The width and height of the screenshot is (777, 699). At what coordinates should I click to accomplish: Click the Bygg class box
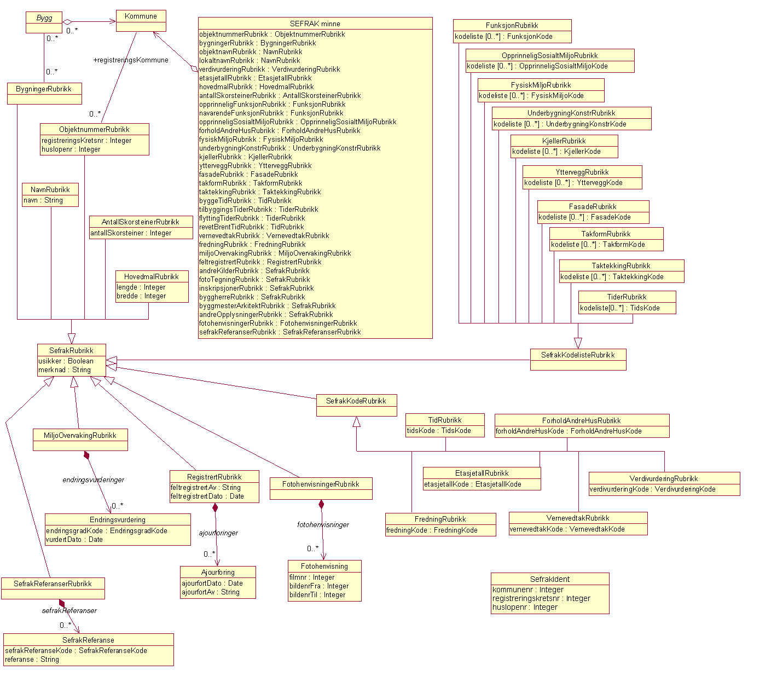click(x=44, y=22)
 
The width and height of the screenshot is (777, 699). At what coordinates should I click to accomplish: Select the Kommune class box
click(x=141, y=21)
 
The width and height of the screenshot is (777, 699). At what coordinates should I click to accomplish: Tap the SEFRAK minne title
click(x=315, y=24)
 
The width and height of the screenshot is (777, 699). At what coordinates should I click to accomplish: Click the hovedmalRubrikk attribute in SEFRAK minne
click(x=256, y=86)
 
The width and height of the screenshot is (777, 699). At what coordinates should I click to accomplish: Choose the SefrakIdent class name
click(x=549, y=579)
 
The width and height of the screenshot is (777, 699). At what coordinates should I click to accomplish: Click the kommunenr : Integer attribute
click(x=527, y=590)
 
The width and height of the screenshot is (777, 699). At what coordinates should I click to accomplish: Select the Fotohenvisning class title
click(x=324, y=566)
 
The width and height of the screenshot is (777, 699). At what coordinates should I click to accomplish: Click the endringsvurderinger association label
click(x=93, y=480)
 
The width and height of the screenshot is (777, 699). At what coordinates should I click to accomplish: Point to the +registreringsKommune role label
click(x=131, y=60)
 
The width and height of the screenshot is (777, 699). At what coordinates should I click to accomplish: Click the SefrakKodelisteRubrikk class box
click(x=578, y=359)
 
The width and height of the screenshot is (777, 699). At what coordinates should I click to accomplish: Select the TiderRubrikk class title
click(x=627, y=297)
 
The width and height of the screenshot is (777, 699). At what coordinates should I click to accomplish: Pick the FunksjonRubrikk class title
click(x=512, y=25)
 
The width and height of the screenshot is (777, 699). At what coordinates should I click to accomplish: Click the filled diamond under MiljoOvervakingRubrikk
click(x=86, y=455)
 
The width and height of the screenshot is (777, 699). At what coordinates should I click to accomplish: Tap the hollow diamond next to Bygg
click(x=67, y=22)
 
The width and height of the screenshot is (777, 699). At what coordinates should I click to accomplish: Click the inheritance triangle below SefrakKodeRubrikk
click(x=356, y=422)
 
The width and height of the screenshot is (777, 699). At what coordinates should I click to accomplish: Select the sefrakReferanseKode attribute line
click(x=76, y=650)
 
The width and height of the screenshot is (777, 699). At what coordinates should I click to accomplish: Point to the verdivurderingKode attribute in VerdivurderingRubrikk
click(x=652, y=489)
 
